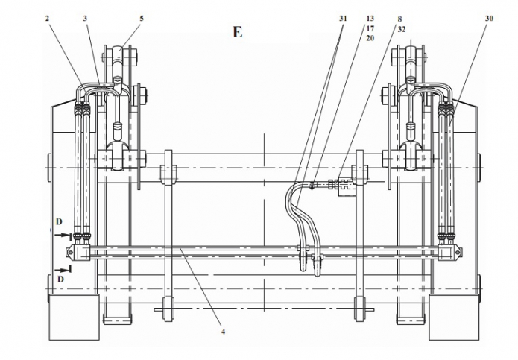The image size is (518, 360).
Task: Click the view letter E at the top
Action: click(x=237, y=32)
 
